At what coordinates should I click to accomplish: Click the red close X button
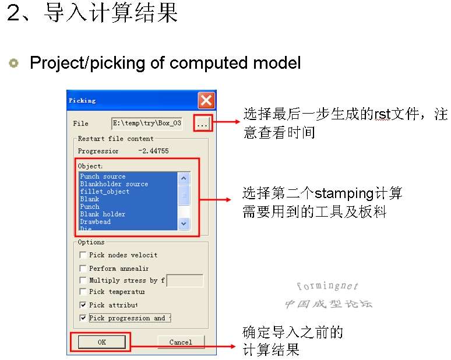pyautogui.click(x=206, y=100)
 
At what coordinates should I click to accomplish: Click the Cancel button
pyautogui.click(x=181, y=342)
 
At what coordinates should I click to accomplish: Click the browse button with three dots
pyautogui.click(x=202, y=123)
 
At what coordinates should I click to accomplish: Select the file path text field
pyautogui.click(x=147, y=123)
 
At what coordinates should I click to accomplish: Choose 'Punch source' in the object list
pyautogui.click(x=103, y=177)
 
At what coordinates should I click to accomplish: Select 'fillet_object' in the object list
pyautogui.click(x=105, y=192)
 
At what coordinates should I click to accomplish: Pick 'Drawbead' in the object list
pyautogui.click(x=96, y=222)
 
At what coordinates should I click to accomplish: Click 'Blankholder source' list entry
pyautogui.click(x=114, y=184)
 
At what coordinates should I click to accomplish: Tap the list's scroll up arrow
pyautogui.click(x=184, y=178)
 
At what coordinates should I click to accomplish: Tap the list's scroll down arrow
pyautogui.click(x=184, y=223)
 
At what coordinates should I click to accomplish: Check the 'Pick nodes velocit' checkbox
pyautogui.click(x=84, y=255)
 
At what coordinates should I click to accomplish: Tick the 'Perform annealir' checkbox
pyautogui.click(x=84, y=269)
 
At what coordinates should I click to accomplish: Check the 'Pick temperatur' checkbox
pyautogui.click(x=84, y=292)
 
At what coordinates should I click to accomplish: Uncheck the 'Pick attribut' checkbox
pyautogui.click(x=84, y=305)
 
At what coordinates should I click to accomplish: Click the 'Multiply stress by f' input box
pyautogui.click(x=185, y=281)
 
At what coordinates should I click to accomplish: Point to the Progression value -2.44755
pyautogui.click(x=154, y=151)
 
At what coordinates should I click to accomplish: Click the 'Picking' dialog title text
pyautogui.click(x=82, y=100)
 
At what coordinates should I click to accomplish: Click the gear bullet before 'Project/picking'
pyautogui.click(x=13, y=63)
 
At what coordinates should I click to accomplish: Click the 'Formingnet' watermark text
pyautogui.click(x=327, y=286)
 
